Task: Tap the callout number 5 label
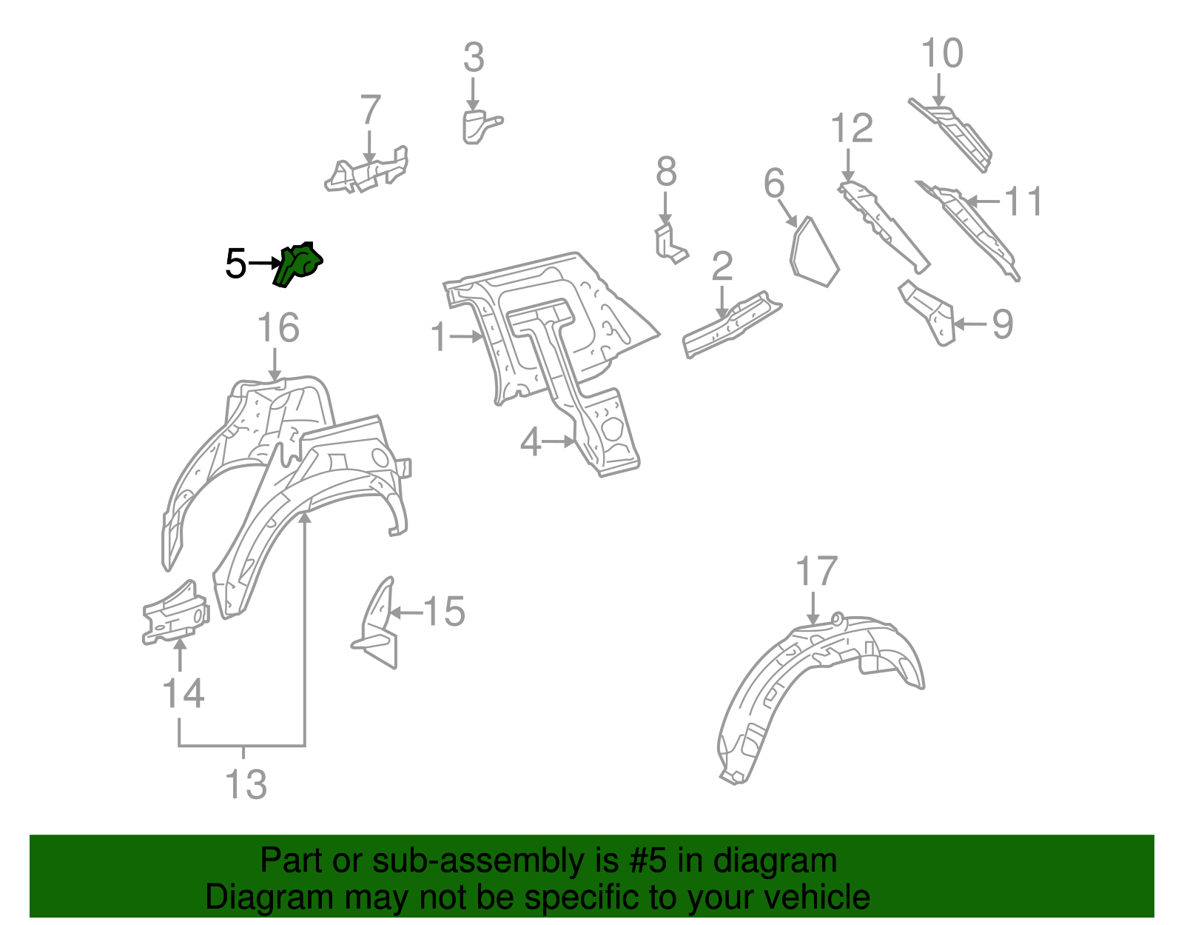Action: pyautogui.click(x=235, y=264)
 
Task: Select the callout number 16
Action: pyautogui.click(x=278, y=328)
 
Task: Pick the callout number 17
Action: pyautogui.click(x=816, y=572)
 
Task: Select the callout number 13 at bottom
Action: pyautogui.click(x=246, y=785)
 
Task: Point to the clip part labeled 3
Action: pyautogui.click(x=477, y=126)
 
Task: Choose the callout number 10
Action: pyautogui.click(x=942, y=54)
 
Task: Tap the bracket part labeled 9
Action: pyautogui.click(x=928, y=312)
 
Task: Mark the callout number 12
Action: pyautogui.click(x=852, y=129)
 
